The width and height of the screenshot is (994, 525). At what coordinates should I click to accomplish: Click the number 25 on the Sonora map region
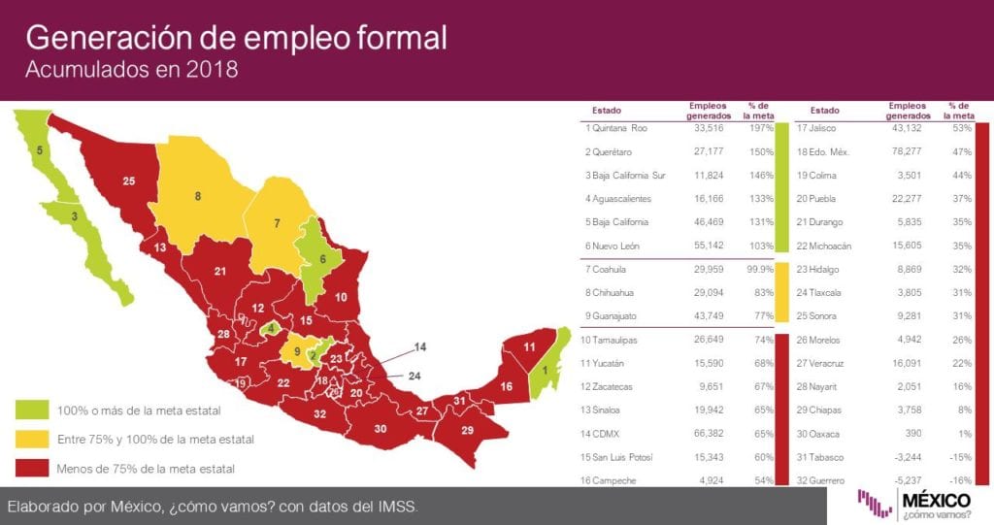tap(128, 180)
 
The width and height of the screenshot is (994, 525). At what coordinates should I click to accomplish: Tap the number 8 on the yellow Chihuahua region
tap(197, 196)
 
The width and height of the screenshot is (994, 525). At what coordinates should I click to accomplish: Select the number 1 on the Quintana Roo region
tap(545, 369)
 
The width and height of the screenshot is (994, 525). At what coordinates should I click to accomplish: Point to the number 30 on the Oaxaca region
tap(380, 428)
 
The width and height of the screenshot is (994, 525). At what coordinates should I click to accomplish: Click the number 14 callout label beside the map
tap(419, 346)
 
